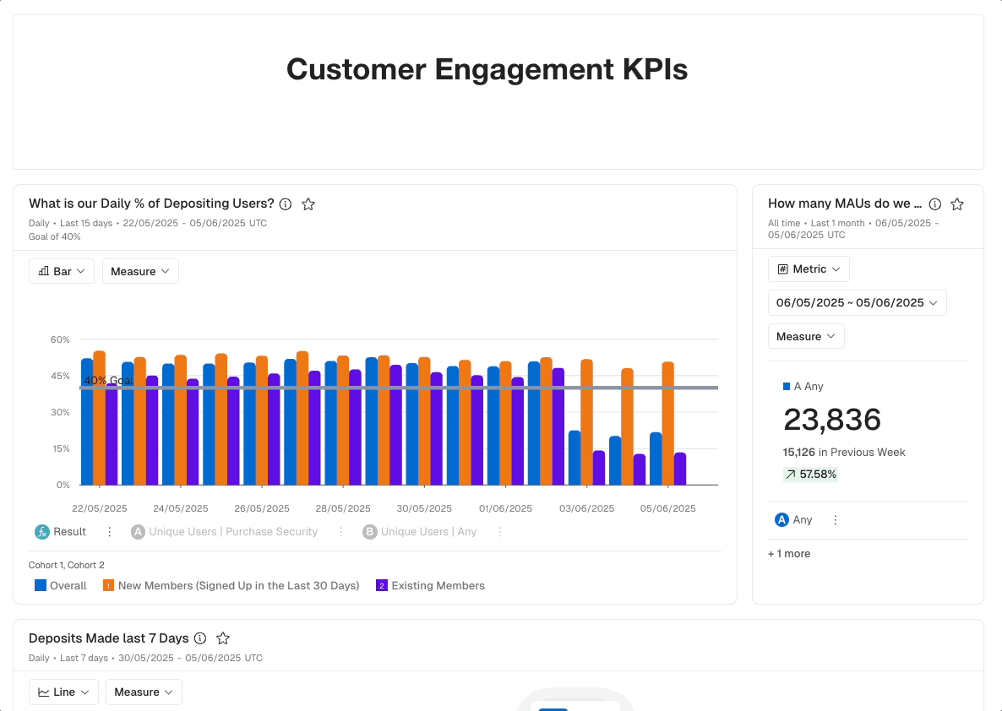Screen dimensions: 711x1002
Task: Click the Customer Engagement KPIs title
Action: [487, 69]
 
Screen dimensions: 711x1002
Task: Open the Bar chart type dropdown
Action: [62, 271]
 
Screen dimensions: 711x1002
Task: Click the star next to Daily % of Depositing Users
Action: [308, 204]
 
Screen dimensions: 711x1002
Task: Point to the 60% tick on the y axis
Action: [60, 339]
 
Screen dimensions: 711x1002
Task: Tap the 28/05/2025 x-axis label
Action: [343, 508]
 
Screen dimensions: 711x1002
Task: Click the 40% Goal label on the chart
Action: [109, 381]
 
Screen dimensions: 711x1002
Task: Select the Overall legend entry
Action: [61, 585]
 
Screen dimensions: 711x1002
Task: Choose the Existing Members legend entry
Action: [430, 585]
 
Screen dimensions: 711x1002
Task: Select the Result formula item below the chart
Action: [61, 532]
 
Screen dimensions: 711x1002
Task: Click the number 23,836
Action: [832, 420]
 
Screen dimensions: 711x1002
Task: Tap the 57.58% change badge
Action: [810, 475]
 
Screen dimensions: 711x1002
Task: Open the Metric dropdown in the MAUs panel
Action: [809, 269]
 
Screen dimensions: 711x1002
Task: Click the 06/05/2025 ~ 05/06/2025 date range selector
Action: [857, 302]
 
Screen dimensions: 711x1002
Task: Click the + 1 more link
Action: [789, 554]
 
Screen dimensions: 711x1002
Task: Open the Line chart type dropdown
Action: [63, 692]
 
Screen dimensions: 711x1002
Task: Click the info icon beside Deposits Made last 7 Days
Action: [200, 638]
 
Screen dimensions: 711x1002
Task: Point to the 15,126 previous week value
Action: [799, 452]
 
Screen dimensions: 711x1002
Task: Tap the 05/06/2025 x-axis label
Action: [667, 508]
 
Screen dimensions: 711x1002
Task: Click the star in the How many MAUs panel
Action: [957, 204]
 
